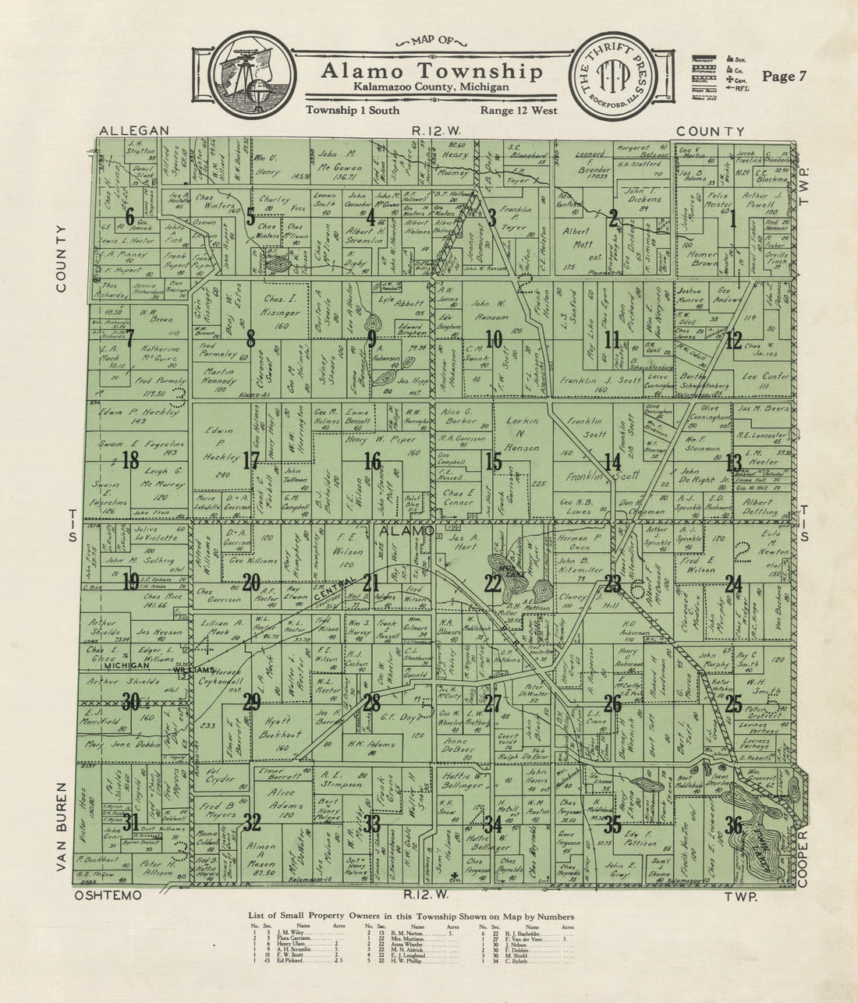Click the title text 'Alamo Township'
(x=431, y=72)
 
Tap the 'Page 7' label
(x=784, y=76)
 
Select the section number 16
(x=372, y=462)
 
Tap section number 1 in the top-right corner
(x=732, y=218)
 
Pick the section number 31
(x=131, y=822)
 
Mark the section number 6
(x=130, y=218)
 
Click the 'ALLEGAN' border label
(x=134, y=131)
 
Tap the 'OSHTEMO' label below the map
(x=108, y=896)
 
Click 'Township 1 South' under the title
(x=350, y=111)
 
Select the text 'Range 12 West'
(x=518, y=111)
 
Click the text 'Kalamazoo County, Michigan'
(x=431, y=87)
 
